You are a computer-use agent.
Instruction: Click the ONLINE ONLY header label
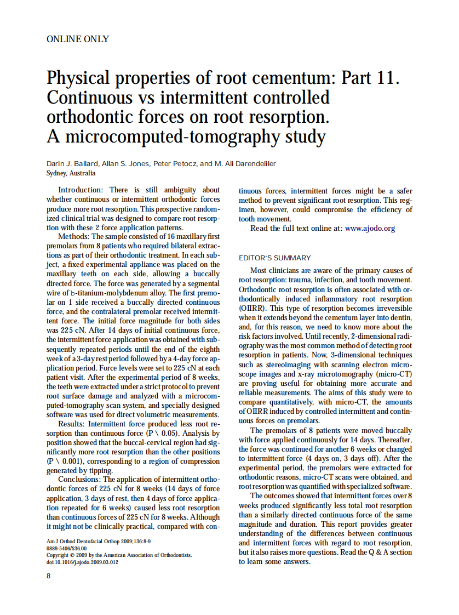(x=78, y=39)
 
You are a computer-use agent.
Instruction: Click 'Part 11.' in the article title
(x=370, y=77)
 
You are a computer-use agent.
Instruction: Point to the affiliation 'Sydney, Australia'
(x=71, y=173)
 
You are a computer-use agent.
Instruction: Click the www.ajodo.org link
(x=370, y=228)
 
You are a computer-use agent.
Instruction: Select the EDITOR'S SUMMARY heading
(x=275, y=258)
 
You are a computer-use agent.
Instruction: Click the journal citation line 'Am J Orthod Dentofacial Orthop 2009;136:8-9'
(x=91, y=542)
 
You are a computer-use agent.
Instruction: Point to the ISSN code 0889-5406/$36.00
(x=66, y=548)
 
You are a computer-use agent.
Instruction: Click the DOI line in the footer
(x=82, y=561)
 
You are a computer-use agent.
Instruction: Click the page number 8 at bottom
(x=49, y=576)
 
